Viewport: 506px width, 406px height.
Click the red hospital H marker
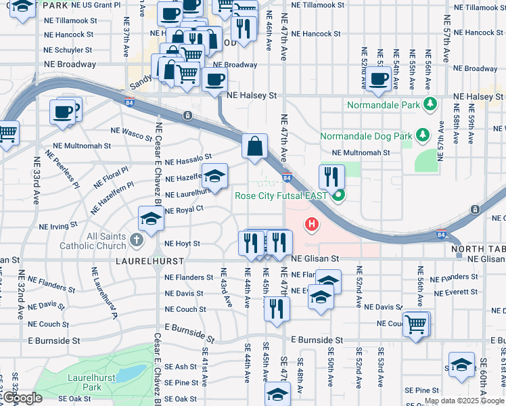[x=311, y=223]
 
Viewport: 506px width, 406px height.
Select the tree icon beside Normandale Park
[x=429, y=104]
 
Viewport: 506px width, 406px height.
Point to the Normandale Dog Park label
[x=366, y=136]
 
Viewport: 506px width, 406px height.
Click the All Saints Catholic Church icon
[x=136, y=240]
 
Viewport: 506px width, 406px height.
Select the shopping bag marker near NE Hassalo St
[x=254, y=147]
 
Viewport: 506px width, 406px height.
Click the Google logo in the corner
[x=22, y=398]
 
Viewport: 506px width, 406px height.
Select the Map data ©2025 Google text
[x=464, y=401]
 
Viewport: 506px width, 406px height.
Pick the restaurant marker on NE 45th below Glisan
[x=277, y=308]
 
